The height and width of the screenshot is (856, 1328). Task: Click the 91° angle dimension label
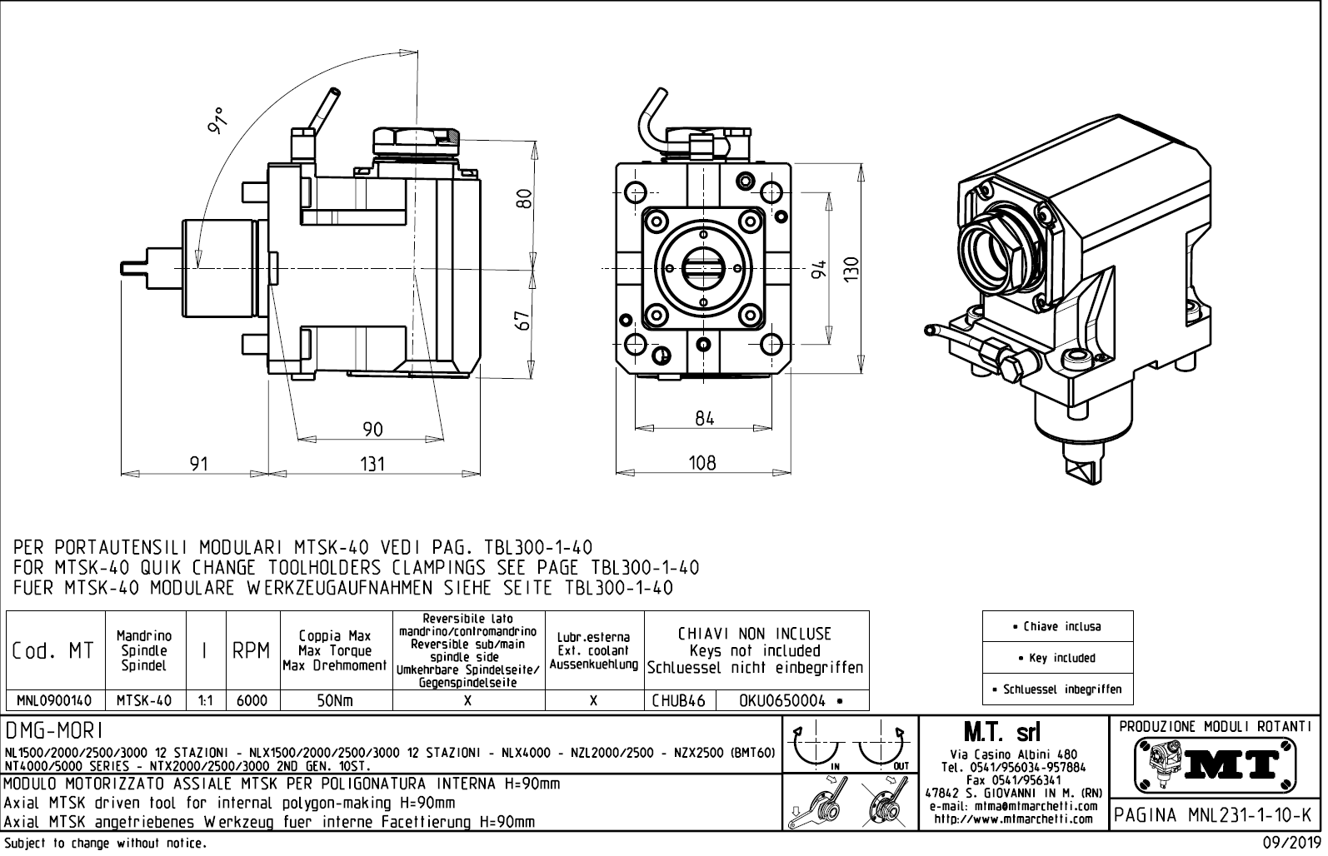pos(217,122)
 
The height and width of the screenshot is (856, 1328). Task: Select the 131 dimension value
pos(372,463)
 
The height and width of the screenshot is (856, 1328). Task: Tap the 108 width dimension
pos(702,463)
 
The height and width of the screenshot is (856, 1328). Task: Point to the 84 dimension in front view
pos(705,419)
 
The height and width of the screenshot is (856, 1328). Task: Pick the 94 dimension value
pos(820,269)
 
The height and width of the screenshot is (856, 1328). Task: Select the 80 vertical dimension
pos(523,199)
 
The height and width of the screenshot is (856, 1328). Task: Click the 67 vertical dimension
pos(523,321)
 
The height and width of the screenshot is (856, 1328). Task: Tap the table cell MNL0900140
pos(54,701)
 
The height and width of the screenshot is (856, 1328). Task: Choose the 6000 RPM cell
pos(252,701)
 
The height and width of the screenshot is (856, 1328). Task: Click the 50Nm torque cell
pos(335,701)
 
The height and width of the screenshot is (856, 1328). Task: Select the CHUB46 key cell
pos(678,701)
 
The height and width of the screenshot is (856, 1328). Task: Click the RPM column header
pos(252,651)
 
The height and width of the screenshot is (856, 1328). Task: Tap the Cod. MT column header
pos(54,651)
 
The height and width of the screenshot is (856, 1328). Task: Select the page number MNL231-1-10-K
pos(1216,815)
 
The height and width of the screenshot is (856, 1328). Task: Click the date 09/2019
pos(1291,844)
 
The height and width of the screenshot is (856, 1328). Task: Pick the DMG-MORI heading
pos(54,731)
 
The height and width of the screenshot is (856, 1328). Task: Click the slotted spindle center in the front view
pos(703,268)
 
